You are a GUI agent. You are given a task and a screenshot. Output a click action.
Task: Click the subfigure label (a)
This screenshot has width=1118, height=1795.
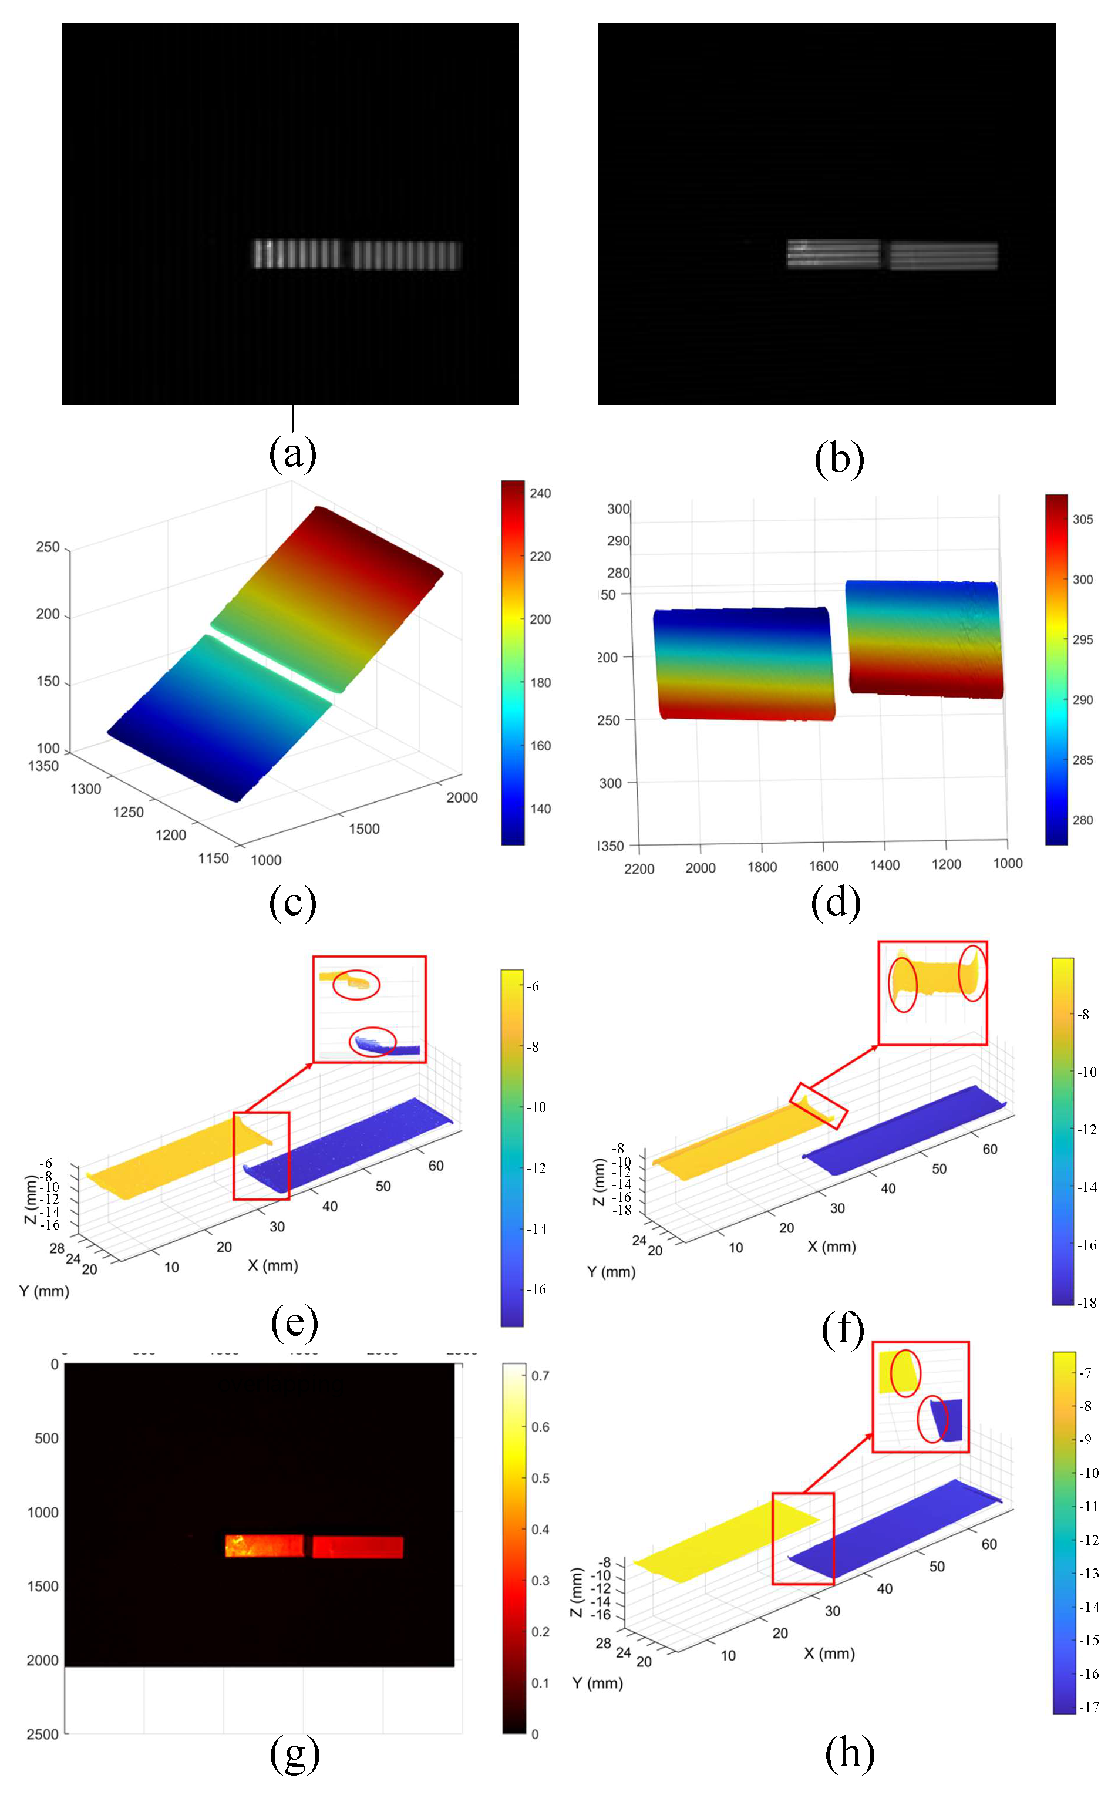293,453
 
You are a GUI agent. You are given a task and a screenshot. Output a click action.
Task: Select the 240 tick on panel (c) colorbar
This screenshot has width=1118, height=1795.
540,493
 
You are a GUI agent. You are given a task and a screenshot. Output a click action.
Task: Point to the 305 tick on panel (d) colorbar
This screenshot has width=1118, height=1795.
1083,519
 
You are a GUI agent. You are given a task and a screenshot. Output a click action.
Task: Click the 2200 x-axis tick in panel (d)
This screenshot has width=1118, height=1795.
639,868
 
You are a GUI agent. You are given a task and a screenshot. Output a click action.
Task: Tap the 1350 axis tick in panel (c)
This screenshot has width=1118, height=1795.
43,766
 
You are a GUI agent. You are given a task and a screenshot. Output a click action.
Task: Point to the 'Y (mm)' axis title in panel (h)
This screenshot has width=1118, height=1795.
597,1683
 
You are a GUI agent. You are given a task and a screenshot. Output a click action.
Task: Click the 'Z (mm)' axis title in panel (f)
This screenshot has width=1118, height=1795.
599,1181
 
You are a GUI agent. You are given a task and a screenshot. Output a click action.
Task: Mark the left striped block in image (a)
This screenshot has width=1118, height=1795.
298,254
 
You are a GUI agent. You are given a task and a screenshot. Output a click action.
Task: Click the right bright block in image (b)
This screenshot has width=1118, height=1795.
944,256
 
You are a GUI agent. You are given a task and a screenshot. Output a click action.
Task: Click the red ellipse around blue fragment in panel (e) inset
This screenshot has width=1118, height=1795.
372,1041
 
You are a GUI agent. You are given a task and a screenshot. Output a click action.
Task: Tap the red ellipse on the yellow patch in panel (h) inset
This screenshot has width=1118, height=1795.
905,1373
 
